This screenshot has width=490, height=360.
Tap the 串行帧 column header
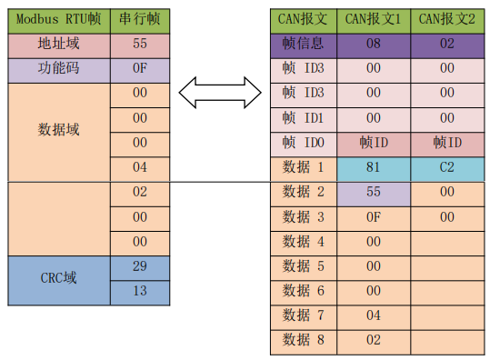point(139,19)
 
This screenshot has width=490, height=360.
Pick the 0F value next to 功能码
point(139,68)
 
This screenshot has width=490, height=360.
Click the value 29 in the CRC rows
point(139,266)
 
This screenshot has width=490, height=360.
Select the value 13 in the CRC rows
point(139,291)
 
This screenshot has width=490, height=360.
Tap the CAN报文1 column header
point(373,19)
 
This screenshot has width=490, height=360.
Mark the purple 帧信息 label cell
point(303,43)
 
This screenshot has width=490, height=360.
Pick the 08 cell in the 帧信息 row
point(373,43)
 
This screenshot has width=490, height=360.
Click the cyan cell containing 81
point(373,167)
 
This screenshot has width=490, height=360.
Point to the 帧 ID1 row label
point(303,117)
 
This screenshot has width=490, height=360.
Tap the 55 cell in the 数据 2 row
point(373,192)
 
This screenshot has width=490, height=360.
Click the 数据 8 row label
point(303,341)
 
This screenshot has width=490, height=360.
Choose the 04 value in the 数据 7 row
point(373,316)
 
